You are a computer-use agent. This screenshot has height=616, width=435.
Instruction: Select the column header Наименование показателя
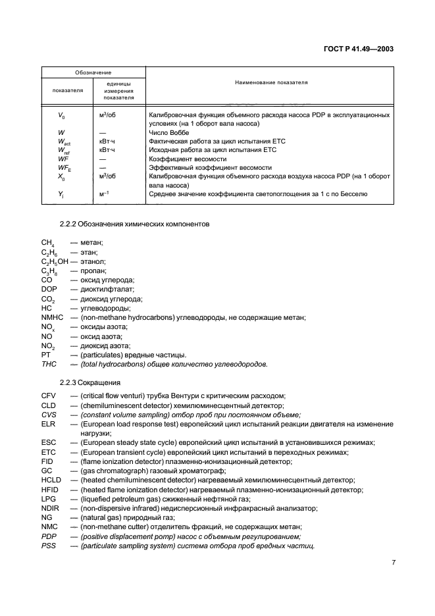click(272, 83)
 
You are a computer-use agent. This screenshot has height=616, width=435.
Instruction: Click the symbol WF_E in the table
click(63, 168)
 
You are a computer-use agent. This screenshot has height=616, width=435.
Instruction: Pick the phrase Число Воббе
click(173, 132)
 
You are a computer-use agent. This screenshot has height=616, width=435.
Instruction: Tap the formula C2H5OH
click(55, 261)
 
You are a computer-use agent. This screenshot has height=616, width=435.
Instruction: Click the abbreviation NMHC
click(53, 317)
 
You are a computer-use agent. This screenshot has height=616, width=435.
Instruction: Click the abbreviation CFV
click(49, 396)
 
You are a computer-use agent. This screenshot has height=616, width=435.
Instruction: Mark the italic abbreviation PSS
click(49, 546)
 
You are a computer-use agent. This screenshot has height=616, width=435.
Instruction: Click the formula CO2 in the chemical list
click(49, 299)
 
